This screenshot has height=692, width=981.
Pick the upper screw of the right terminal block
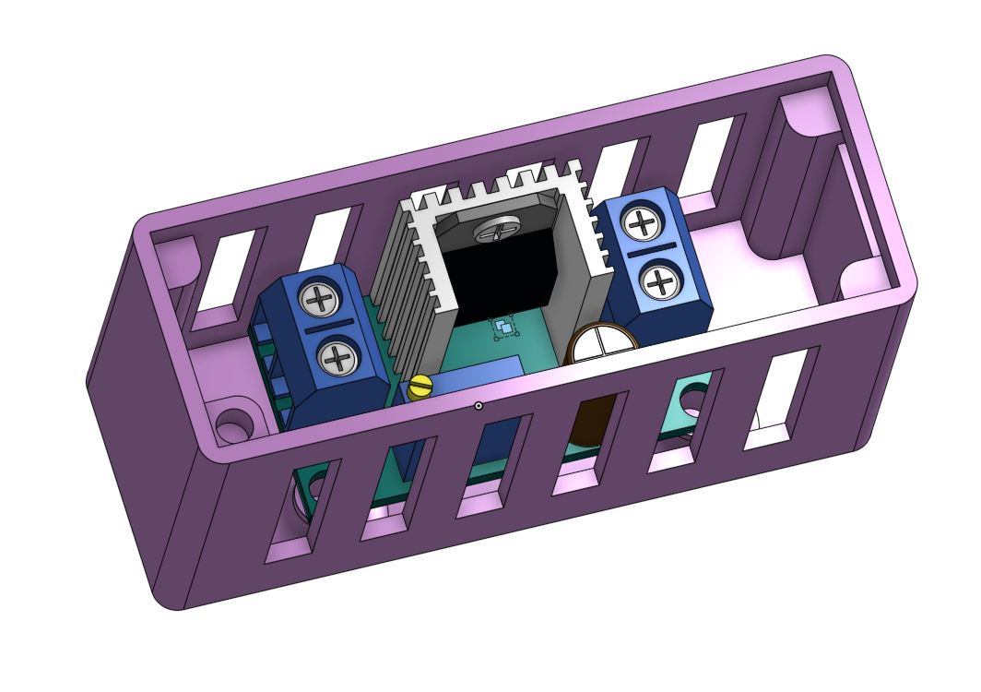pos(639,222)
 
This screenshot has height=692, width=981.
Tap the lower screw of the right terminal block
pos(660,280)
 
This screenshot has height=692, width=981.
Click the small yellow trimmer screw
pos(420,388)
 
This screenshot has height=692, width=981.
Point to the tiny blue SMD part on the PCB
pos(502,328)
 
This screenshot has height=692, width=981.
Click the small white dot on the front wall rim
pos(479,405)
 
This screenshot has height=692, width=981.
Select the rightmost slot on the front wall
pos(780,397)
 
